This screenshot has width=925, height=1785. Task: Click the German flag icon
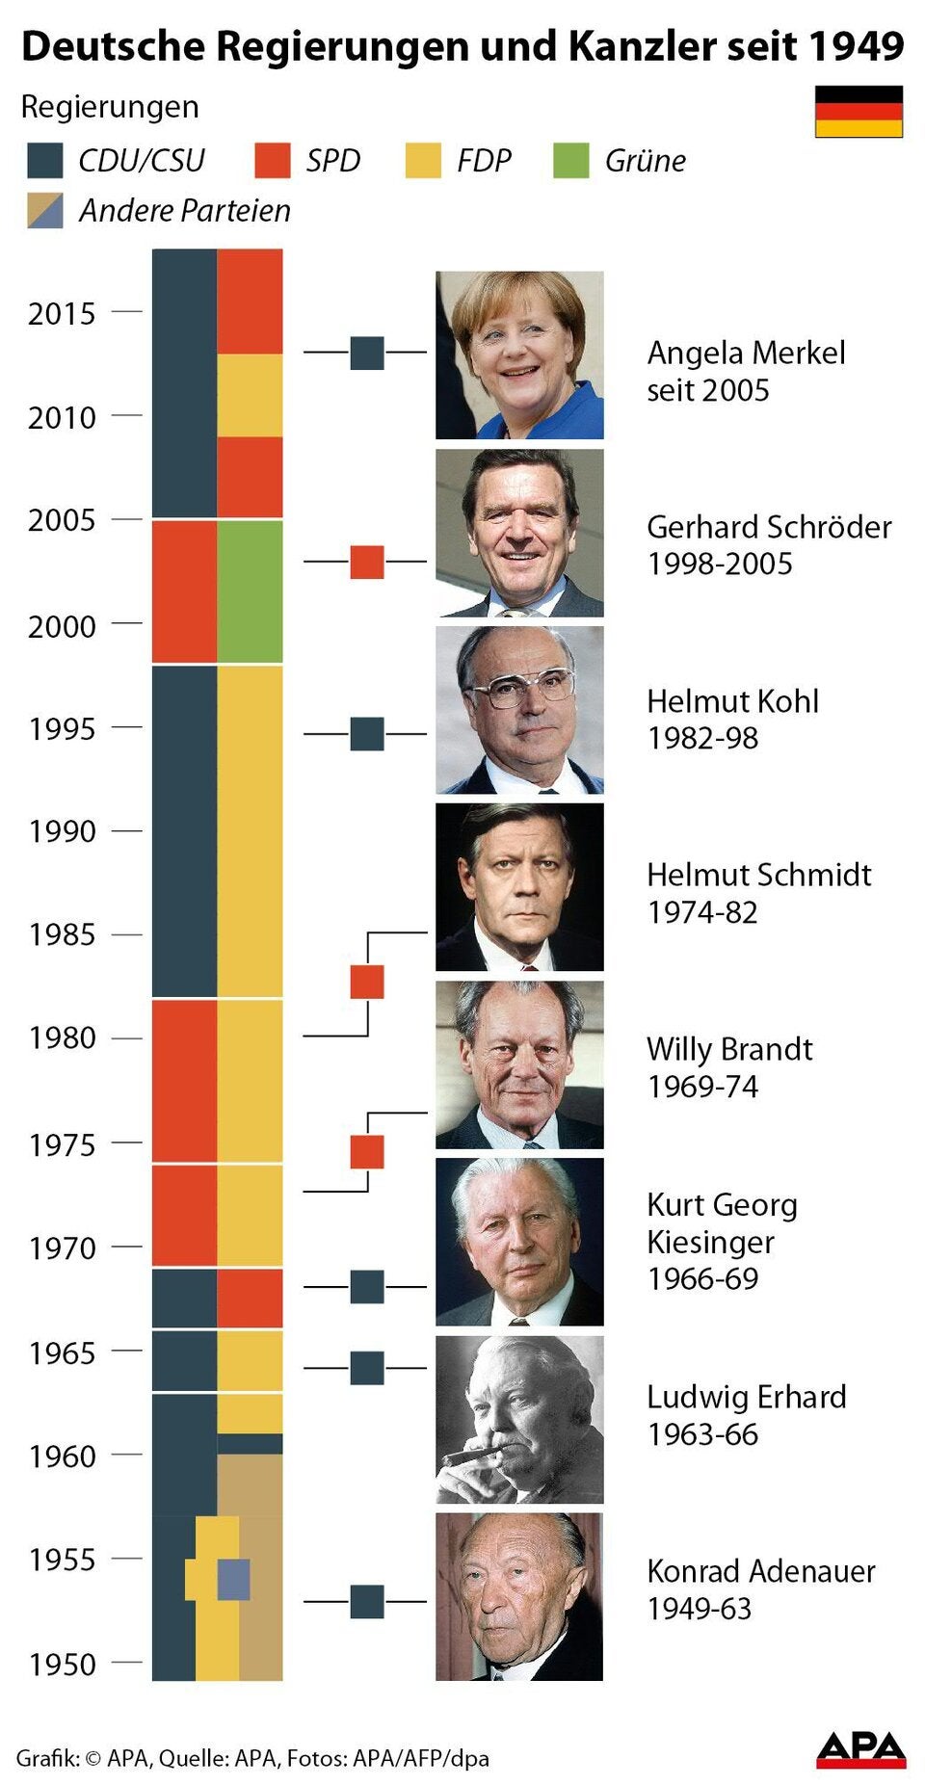click(859, 111)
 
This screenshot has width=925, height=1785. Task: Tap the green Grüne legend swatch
click(570, 161)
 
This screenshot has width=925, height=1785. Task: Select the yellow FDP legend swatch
click(423, 161)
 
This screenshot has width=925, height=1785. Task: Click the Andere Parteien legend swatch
click(45, 210)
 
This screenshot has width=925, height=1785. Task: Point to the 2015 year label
click(62, 314)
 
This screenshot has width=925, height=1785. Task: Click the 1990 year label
click(62, 831)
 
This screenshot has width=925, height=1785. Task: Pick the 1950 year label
click(62, 1665)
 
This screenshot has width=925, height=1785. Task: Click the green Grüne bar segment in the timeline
click(250, 591)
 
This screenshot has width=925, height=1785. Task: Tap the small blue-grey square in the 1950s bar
click(233, 1579)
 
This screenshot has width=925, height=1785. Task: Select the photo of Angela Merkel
click(519, 354)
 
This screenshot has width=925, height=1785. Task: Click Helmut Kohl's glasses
click(520, 686)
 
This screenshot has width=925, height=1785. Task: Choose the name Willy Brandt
click(729, 1049)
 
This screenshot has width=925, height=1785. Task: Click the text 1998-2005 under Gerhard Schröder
click(720, 564)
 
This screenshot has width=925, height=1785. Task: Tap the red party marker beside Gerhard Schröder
click(366, 562)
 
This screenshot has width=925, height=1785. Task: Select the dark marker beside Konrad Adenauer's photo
click(366, 1602)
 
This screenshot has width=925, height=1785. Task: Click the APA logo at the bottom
click(860, 1749)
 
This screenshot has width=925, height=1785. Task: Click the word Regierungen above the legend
click(110, 107)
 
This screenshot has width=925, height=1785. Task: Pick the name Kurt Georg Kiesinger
click(722, 1223)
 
